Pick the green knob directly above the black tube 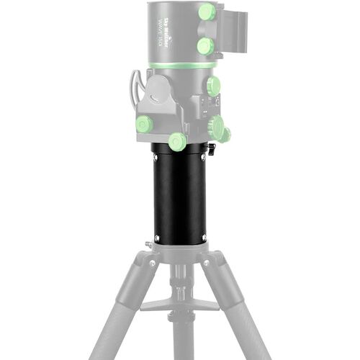pos(177,140)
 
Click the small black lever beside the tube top pos(212,150)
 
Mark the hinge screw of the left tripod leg pos(153,264)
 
